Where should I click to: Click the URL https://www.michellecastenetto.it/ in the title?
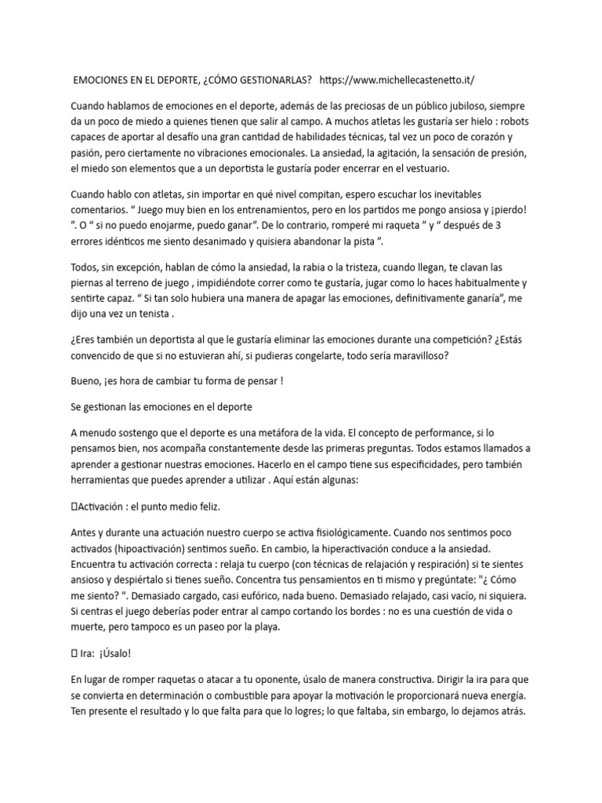pos(398,80)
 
